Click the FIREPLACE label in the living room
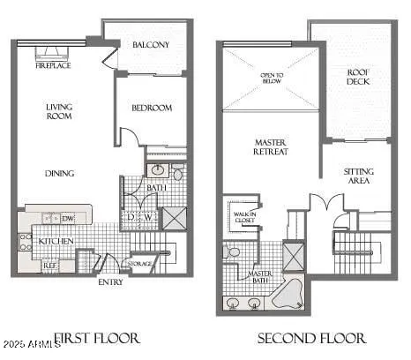pos(53,65)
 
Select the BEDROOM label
pos(152,109)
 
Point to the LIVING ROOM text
pos(59,112)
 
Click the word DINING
pos(59,173)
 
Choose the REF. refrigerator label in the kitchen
pos(51,264)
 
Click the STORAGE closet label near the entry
pos(141,263)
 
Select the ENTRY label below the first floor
pos(110,282)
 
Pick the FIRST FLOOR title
pos(99,337)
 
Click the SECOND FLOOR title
pos(311,337)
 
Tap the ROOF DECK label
pos(357,78)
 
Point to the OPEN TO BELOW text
pos(272,78)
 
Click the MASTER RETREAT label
pos(272,146)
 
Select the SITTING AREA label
pos(358,176)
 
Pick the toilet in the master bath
pos(234,252)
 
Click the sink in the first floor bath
pos(158,169)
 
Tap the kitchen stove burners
pos(26,241)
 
